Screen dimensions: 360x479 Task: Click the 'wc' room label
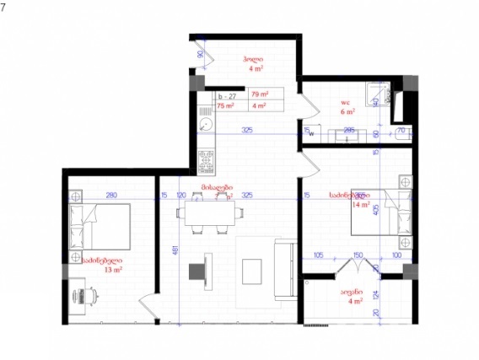tap(346, 101)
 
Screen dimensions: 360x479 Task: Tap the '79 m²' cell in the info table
tap(260, 94)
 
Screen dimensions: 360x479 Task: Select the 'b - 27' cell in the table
tap(228, 95)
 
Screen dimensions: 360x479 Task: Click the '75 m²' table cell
tap(225, 106)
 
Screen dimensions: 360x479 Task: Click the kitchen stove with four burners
tap(206, 157)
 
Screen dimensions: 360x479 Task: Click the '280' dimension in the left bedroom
tap(110, 195)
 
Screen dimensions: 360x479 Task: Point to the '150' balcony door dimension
tap(358, 255)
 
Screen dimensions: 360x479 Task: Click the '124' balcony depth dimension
tap(377, 295)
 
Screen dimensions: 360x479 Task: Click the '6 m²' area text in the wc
tap(347, 111)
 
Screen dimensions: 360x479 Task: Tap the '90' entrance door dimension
tap(201, 55)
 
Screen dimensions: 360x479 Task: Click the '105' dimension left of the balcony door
tap(319, 255)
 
